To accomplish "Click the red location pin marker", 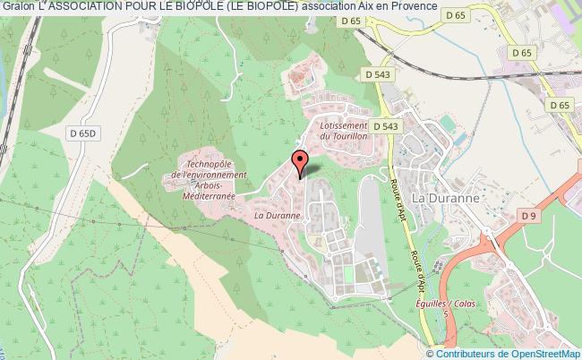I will coord(300,164).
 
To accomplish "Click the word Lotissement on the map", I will coord(344,127).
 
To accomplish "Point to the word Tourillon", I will coord(351,138).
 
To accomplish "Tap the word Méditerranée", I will coord(205,195).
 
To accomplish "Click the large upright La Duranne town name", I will coord(444,196).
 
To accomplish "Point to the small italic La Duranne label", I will coord(275,215).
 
